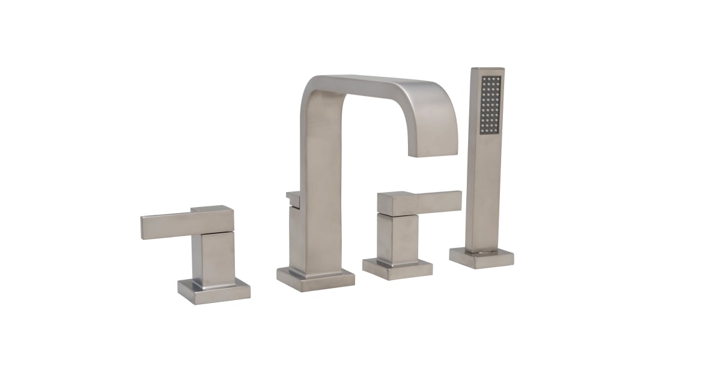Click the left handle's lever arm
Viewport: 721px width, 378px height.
168,226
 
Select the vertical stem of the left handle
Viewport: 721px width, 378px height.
214,258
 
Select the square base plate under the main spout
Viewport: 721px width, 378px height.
315,278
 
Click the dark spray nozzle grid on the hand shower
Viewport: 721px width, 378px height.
490,104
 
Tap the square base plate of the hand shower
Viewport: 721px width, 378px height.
481,257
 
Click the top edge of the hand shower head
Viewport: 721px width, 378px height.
487,70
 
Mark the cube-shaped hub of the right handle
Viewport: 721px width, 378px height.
397,204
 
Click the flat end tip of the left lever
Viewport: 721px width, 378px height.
143,228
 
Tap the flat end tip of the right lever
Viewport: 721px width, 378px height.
460,200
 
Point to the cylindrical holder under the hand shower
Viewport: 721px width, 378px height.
481,250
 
